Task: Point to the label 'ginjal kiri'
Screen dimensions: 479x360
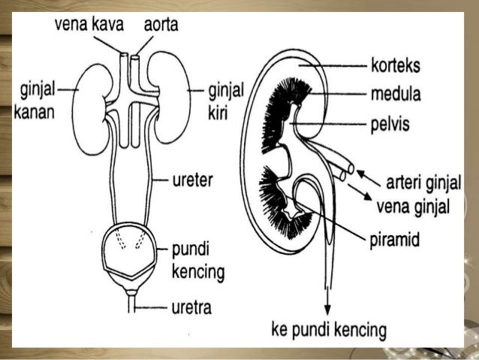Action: (224, 102)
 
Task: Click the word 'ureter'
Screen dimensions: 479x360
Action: (191, 180)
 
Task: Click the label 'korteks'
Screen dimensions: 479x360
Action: (396, 65)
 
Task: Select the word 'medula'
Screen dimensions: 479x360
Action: (395, 95)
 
